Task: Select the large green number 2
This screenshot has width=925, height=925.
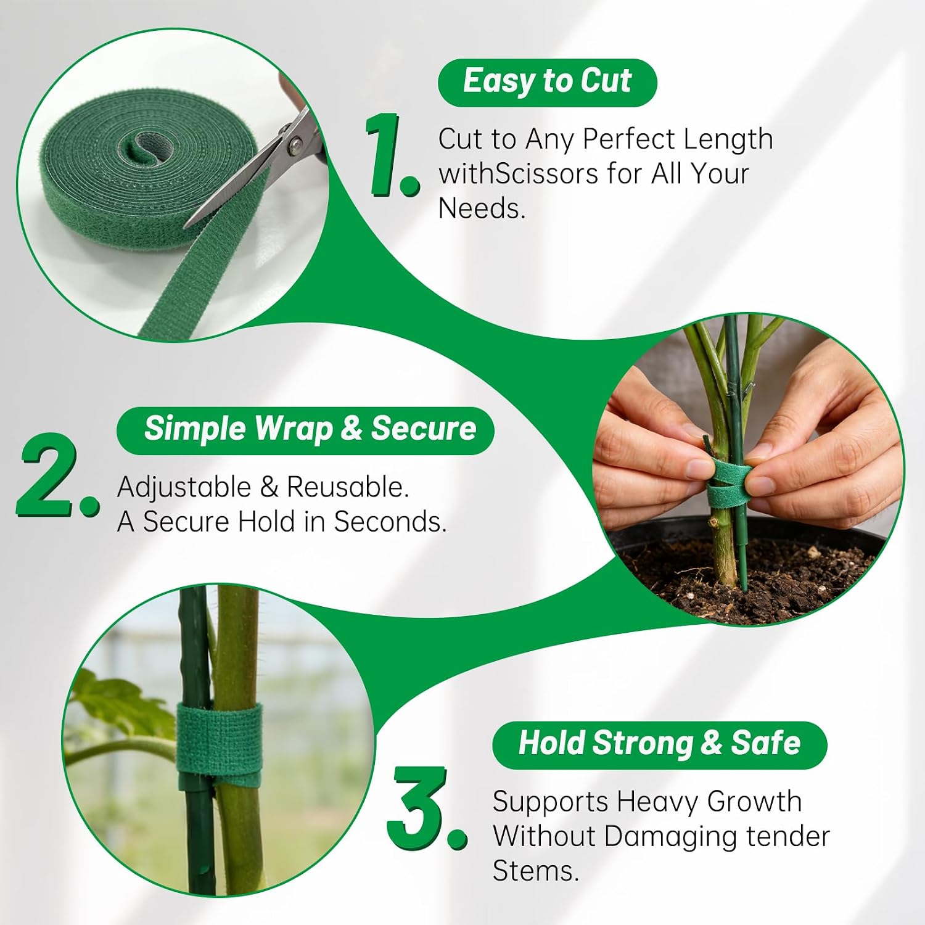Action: point(57,475)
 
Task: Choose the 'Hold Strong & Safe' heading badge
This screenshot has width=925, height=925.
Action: point(659,745)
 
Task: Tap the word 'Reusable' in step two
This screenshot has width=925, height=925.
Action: point(348,487)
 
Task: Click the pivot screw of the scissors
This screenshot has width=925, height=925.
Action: point(295,145)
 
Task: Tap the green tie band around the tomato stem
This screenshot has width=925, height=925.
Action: point(220,740)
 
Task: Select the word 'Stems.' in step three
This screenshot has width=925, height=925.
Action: point(536,871)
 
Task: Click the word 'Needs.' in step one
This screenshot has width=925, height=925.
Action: point(482,208)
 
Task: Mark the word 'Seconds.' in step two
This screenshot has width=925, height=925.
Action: point(390,522)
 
